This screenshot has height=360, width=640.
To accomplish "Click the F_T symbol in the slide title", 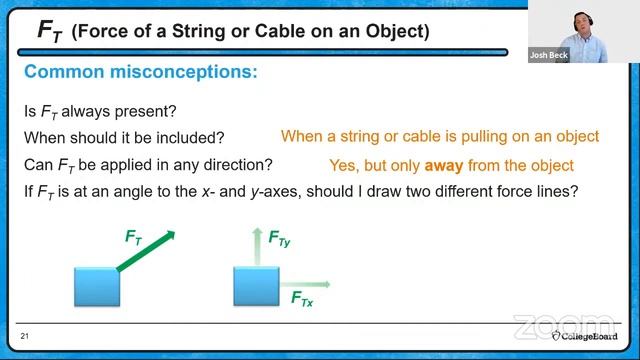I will click(47, 29).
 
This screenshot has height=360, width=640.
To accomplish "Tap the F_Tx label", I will click(302, 299).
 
